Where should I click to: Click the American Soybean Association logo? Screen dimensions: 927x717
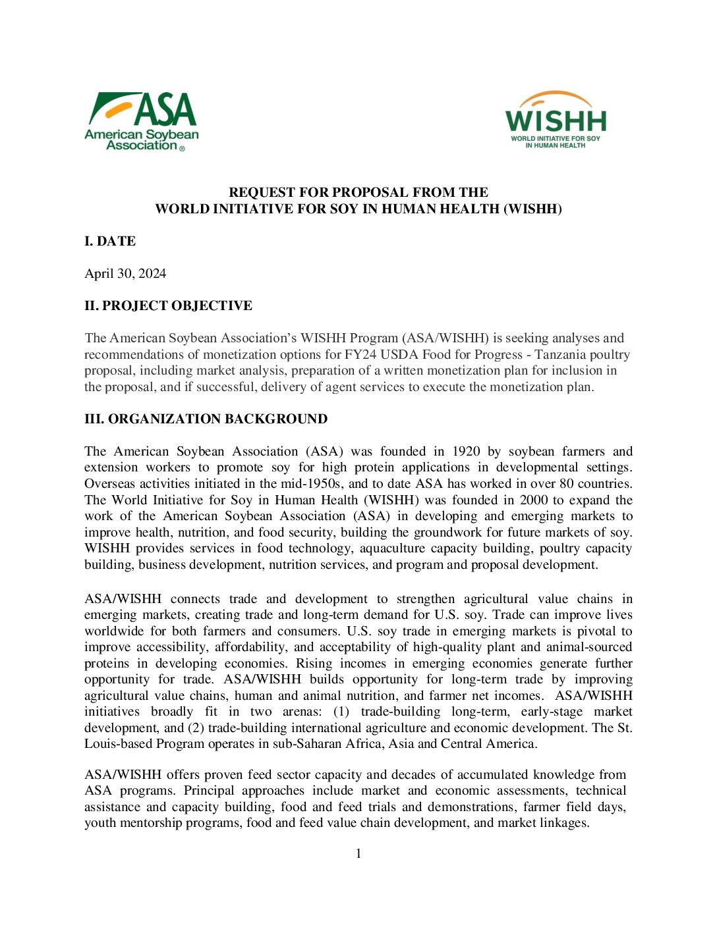coord(142,122)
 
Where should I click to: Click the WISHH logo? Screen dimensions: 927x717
coord(556,120)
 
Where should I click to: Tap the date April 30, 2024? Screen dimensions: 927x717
coord(125,274)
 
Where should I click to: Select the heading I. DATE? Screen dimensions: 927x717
coord(110,242)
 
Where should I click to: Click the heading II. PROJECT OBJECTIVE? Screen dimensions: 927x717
coord(168,306)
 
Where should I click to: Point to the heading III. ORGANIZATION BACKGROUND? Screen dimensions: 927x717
coord(206,419)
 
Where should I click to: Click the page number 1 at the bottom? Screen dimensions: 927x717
coord(358,854)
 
